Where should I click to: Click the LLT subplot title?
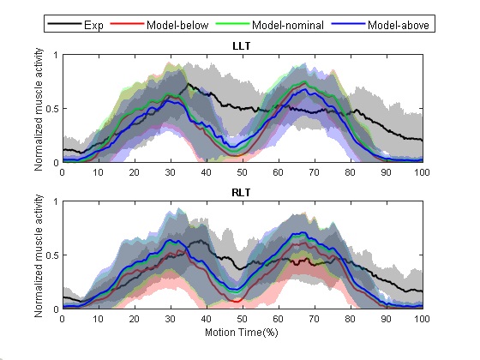pyautogui.click(x=242, y=46)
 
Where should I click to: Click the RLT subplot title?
pyautogui.click(x=241, y=193)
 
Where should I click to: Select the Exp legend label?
pyautogui.click(x=93, y=25)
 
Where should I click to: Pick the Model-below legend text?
pyautogui.click(x=177, y=25)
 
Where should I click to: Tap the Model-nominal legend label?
pyautogui.click(x=288, y=25)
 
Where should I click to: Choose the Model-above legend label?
pyautogui.click(x=399, y=25)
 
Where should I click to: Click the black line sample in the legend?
pyautogui.click(x=64, y=24)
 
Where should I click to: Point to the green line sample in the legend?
pyautogui.click(x=232, y=24)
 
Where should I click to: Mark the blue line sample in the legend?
pyautogui.click(x=348, y=24)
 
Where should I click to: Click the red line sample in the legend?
pyautogui.click(x=127, y=24)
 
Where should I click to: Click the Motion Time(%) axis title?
pyautogui.click(x=242, y=333)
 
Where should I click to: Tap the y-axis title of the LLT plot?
pyautogui.click(x=39, y=110)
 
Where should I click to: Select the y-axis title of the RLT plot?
pyautogui.click(x=39, y=256)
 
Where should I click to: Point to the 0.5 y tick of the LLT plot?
pyautogui.click(x=52, y=109)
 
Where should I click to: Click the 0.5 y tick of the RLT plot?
pyautogui.click(x=52, y=255)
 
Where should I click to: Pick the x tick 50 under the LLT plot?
pyautogui.click(x=242, y=172)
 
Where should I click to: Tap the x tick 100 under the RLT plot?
pyautogui.click(x=422, y=319)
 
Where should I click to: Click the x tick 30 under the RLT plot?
pyautogui.click(x=170, y=319)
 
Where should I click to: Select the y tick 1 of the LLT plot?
pyautogui.click(x=56, y=55)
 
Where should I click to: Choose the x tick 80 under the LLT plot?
pyautogui.click(x=350, y=172)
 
